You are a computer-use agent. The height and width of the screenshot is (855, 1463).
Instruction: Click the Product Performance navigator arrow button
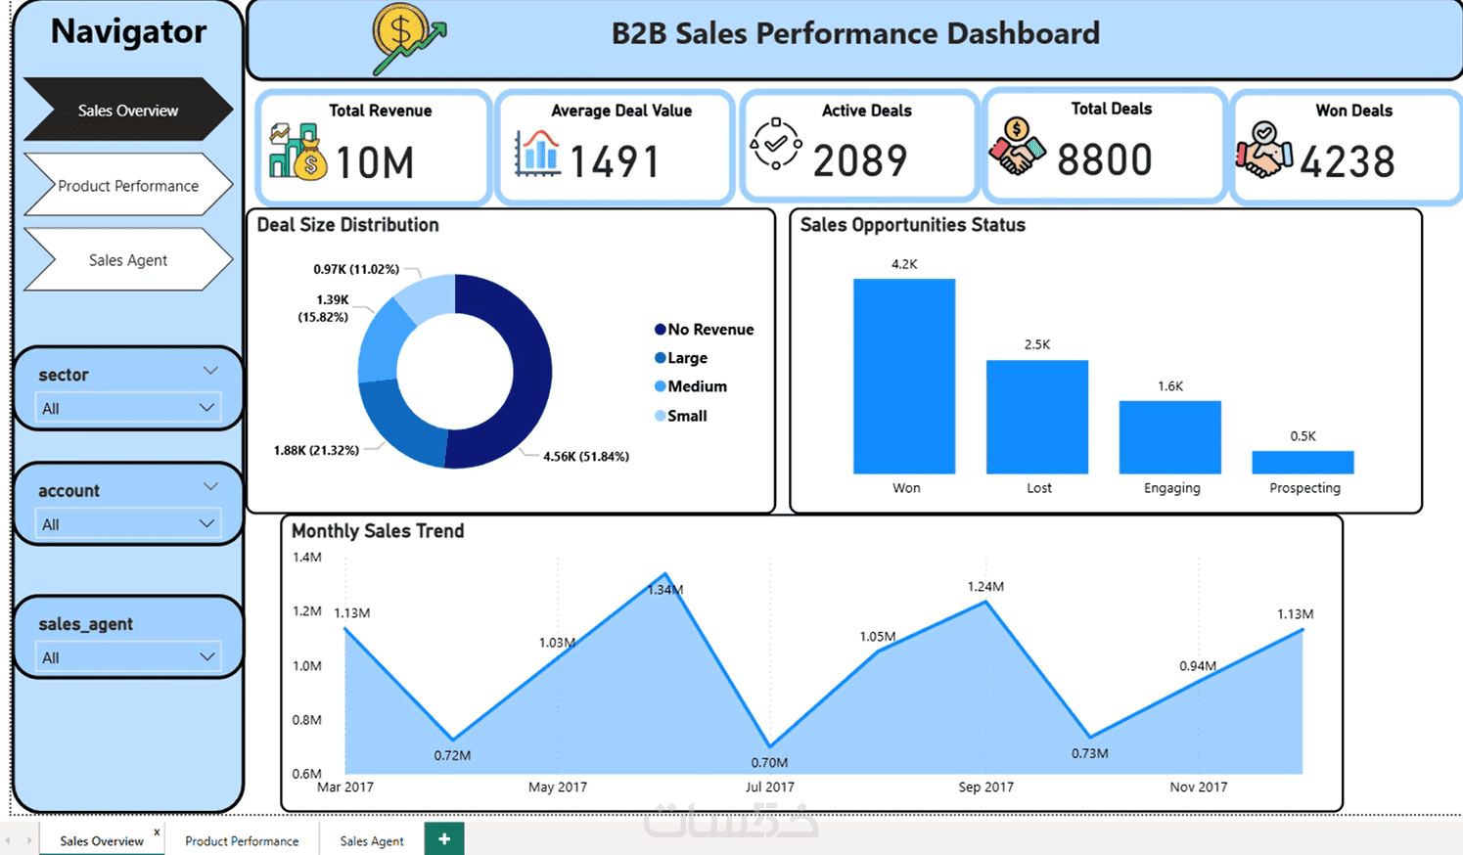pyautogui.click(x=128, y=185)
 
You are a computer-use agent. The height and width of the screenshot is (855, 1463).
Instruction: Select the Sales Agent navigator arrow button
pyautogui.click(x=128, y=260)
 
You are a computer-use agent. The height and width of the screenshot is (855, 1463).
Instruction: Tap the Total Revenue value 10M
pyautogui.click(x=375, y=161)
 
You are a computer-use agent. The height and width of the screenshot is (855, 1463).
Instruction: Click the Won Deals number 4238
pyautogui.click(x=1348, y=161)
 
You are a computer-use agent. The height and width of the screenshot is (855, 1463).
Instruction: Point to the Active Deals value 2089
pyautogui.click(x=860, y=160)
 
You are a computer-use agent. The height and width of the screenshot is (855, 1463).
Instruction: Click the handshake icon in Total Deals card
pyautogui.click(x=1017, y=146)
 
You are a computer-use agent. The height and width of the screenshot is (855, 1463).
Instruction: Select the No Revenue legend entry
pyautogui.click(x=704, y=330)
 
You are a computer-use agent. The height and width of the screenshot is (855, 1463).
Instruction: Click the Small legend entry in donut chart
pyautogui.click(x=680, y=416)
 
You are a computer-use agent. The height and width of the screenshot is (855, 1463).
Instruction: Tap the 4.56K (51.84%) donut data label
pyautogui.click(x=586, y=456)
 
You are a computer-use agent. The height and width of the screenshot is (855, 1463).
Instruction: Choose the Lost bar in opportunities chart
pyautogui.click(x=1037, y=417)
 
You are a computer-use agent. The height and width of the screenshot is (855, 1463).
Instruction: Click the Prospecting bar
pyautogui.click(x=1303, y=462)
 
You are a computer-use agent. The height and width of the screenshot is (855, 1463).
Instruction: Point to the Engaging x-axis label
pyautogui.click(x=1171, y=488)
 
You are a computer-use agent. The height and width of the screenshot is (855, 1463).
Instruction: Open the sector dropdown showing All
pyautogui.click(x=128, y=408)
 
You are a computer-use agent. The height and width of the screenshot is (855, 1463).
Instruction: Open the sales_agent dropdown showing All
pyautogui.click(x=128, y=657)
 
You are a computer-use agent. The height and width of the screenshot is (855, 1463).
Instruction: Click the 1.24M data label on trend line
pyautogui.click(x=985, y=587)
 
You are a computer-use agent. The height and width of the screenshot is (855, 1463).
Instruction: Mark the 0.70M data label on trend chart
pyautogui.click(x=769, y=762)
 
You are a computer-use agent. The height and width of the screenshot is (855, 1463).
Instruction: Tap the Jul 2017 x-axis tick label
pyautogui.click(x=770, y=787)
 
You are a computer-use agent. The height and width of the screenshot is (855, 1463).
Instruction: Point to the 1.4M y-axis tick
pyautogui.click(x=307, y=558)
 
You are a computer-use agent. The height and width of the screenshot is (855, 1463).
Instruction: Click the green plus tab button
pyautogui.click(x=444, y=838)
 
